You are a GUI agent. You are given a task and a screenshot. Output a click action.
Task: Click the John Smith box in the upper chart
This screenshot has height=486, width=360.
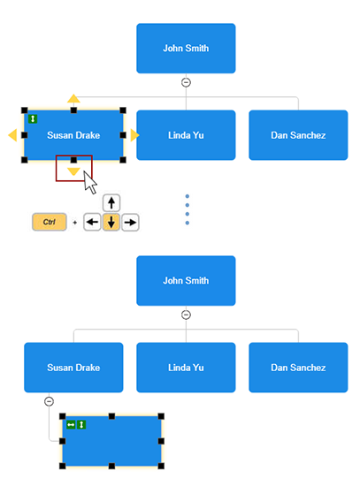186,48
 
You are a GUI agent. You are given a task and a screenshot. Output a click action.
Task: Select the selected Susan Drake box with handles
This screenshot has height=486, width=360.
73,135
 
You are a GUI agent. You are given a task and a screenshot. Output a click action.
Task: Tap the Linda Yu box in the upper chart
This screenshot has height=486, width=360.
186,135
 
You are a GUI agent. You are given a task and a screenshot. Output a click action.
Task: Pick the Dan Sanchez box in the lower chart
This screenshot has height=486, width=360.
298,367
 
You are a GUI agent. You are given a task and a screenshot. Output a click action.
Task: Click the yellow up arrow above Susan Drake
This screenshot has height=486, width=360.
73,98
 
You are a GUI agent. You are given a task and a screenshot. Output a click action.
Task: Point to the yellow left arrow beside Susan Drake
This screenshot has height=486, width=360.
12,135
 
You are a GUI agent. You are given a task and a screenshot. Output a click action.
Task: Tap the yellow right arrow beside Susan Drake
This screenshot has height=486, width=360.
134,135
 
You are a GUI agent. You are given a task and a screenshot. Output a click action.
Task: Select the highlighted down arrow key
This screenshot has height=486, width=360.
111,222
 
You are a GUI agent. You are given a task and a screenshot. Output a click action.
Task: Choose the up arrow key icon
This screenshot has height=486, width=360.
111,202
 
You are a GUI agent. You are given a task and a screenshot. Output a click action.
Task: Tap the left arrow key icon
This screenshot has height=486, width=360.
92,222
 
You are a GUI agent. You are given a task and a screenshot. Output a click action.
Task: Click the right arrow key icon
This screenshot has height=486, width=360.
130,222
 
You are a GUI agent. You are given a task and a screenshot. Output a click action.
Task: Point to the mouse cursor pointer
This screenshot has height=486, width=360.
89,182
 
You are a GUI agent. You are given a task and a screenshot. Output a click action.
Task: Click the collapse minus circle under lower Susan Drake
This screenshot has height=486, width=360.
50,401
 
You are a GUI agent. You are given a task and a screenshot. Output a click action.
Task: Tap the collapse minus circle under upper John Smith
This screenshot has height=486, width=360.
186,82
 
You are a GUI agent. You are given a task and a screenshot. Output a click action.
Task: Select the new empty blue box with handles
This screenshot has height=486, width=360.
111,441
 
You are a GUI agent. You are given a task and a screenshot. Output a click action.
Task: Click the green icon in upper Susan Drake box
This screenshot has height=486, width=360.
33,118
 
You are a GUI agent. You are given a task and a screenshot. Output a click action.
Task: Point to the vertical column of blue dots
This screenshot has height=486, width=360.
187,209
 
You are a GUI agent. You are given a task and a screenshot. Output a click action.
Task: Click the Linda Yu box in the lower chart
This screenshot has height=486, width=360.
186,367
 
